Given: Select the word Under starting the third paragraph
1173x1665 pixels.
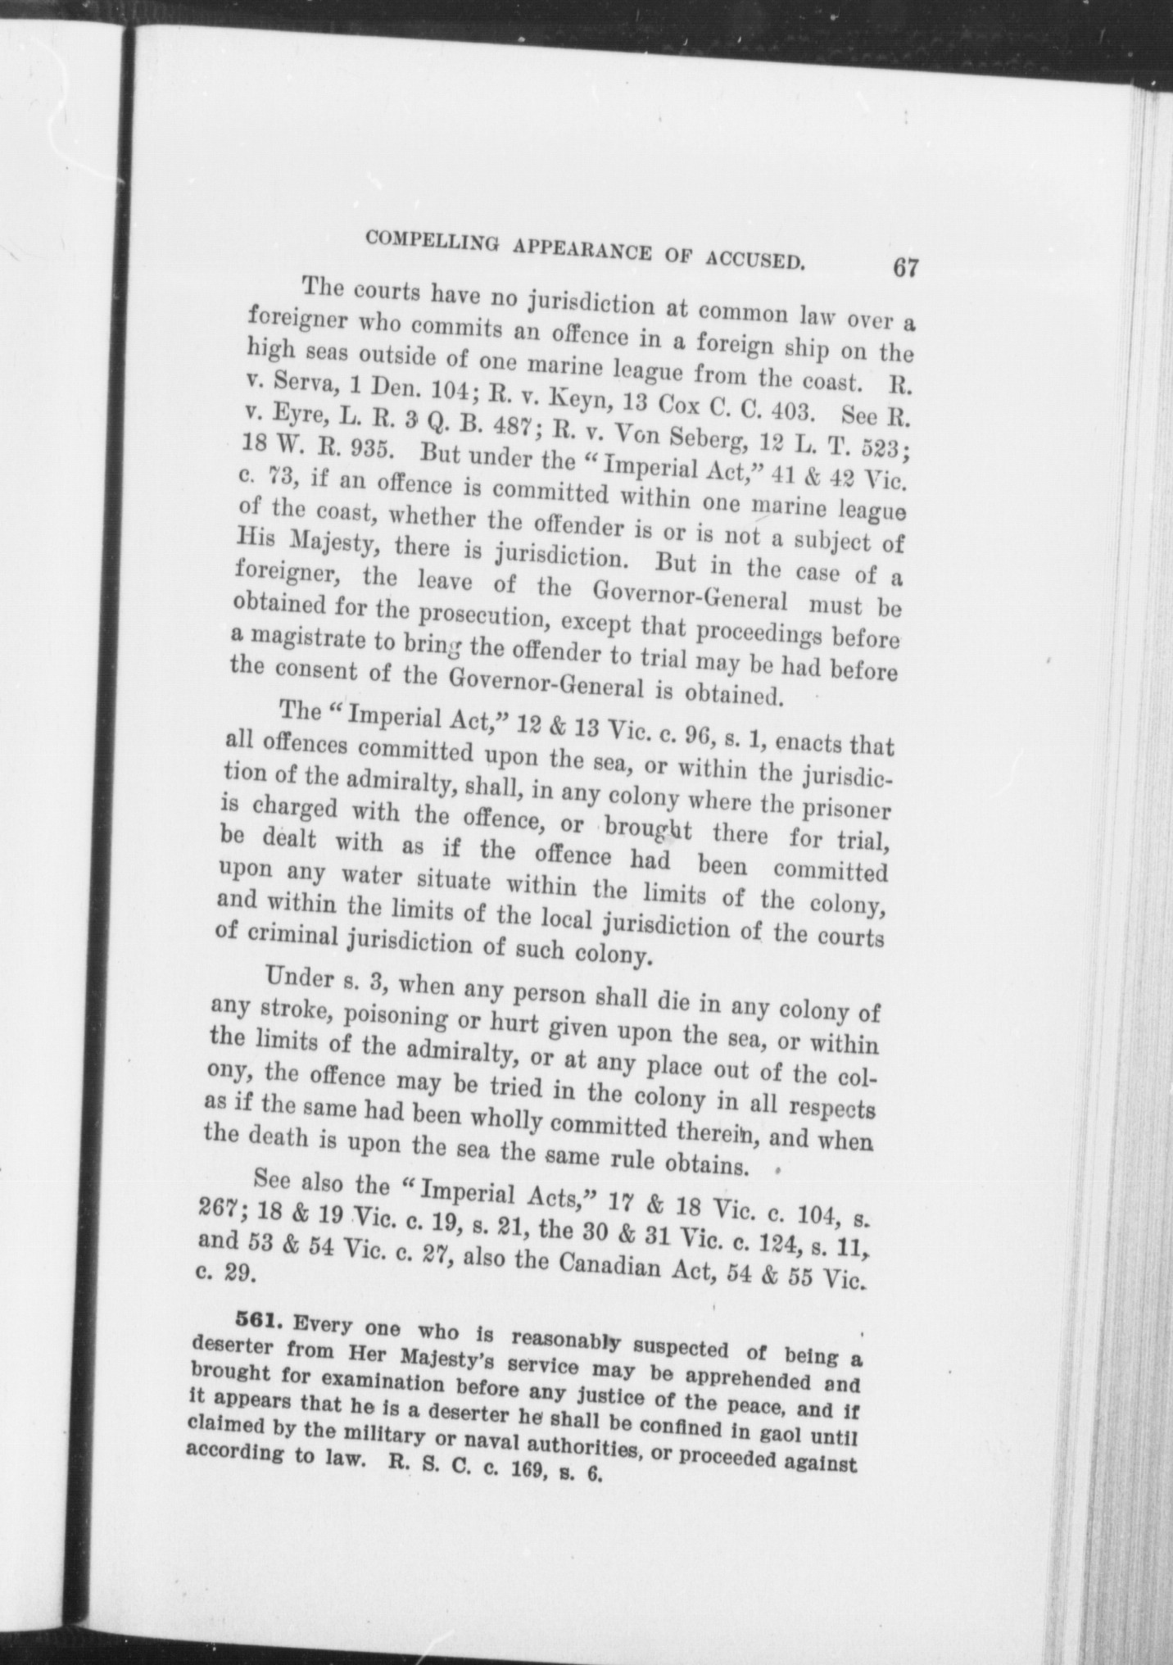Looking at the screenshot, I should (300, 978).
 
